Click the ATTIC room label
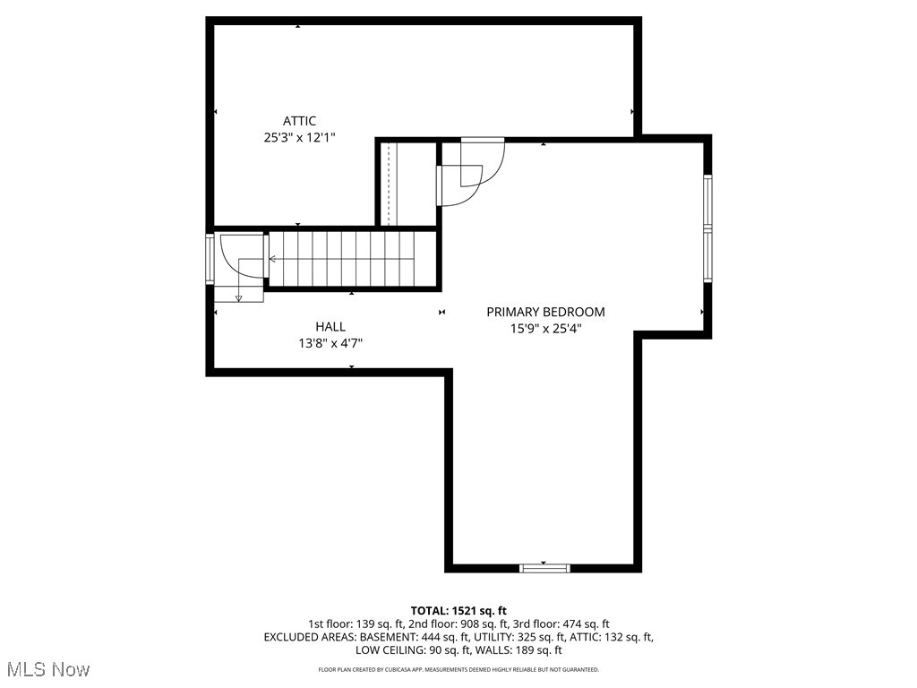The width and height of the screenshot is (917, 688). pyautogui.click(x=299, y=121)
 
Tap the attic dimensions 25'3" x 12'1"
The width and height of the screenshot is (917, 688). pyautogui.click(x=299, y=138)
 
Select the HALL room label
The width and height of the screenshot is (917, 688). pyautogui.click(x=330, y=327)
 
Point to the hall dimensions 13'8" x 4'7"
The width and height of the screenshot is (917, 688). pyautogui.click(x=330, y=343)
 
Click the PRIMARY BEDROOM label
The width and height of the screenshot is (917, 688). pyautogui.click(x=545, y=312)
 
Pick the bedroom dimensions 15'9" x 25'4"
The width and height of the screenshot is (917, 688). pyautogui.click(x=545, y=328)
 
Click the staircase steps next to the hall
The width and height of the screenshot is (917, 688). pyautogui.click(x=353, y=259)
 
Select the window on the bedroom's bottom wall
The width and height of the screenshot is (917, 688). pyautogui.click(x=544, y=567)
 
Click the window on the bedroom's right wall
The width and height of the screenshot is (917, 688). pyautogui.click(x=707, y=229)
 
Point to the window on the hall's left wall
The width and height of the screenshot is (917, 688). pyautogui.click(x=210, y=259)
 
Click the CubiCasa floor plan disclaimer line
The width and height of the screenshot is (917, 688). pyautogui.click(x=458, y=669)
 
